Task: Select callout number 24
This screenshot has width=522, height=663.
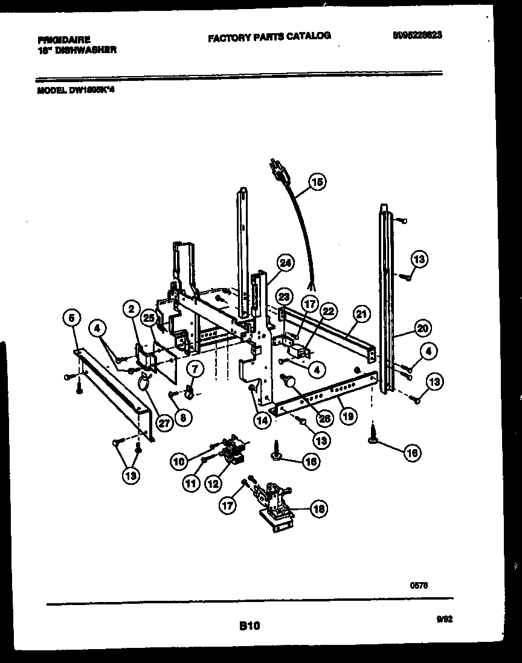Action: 285,263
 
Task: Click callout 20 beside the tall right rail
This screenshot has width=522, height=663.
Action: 422,328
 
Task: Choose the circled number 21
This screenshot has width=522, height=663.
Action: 361,313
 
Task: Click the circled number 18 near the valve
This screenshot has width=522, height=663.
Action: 318,509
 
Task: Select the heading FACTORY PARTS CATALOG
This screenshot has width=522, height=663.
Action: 269,36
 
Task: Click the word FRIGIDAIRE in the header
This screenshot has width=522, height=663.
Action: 63,40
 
